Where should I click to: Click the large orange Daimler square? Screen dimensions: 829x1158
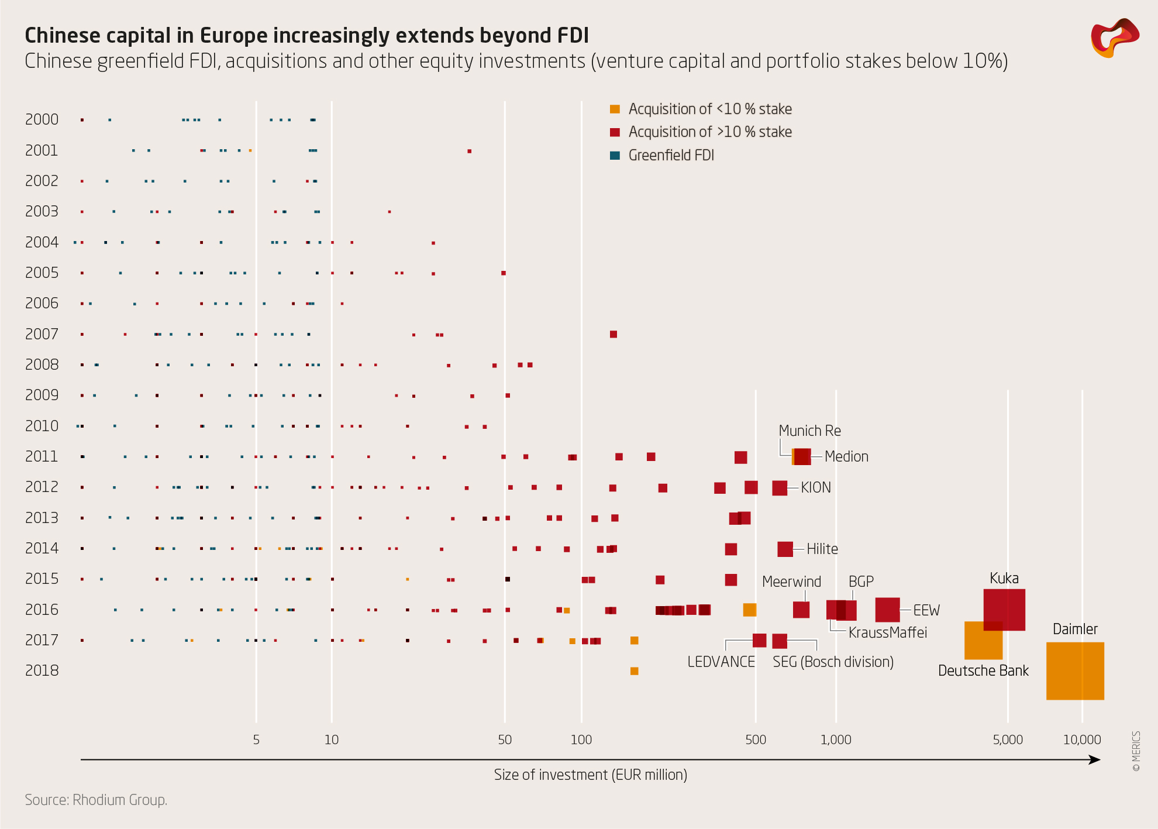coord(1075,671)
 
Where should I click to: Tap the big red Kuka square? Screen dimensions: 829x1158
coord(1004,610)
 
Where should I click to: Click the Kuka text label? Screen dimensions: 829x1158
coord(1004,579)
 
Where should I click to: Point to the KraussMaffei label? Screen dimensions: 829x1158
coord(887,632)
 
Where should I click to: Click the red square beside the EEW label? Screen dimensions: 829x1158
coord(887,610)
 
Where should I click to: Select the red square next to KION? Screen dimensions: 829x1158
coord(779,488)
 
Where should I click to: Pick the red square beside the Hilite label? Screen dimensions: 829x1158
coord(785,549)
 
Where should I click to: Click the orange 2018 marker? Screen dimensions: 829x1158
coord(634,671)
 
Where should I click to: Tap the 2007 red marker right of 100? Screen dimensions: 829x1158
coord(613,334)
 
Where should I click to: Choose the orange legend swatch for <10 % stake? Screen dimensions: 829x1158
coord(615,109)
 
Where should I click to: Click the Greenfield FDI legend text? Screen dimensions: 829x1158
coord(671,156)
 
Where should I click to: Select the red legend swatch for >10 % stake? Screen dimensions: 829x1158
coord(615,132)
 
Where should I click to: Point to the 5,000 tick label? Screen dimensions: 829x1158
coord(1008,739)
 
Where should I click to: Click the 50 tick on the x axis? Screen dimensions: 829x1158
coord(505,739)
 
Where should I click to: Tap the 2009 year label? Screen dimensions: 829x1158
coord(42,395)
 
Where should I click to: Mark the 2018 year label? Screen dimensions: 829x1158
coord(42,670)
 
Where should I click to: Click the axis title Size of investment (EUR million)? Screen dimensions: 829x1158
coord(590,775)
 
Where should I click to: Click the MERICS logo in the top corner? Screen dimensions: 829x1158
coord(1114,37)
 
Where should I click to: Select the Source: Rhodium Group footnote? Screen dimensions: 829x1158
coord(96,800)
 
